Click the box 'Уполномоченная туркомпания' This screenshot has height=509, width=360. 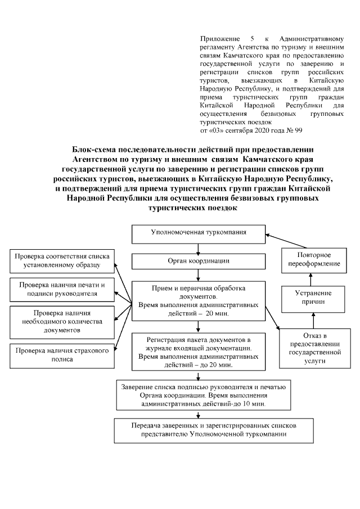point(199,232)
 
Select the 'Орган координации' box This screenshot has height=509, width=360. point(199,261)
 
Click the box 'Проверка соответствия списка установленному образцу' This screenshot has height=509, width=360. point(61,260)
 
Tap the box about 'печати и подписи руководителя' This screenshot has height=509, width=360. point(61,289)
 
